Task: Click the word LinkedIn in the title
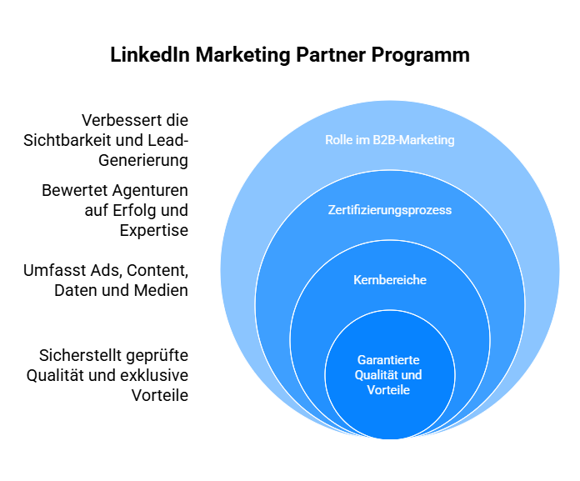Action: pyautogui.click(x=150, y=55)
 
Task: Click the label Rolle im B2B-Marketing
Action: pyautogui.click(x=389, y=140)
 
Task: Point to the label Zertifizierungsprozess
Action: pyautogui.click(x=389, y=210)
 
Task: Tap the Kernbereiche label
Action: pyautogui.click(x=390, y=280)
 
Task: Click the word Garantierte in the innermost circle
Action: pyautogui.click(x=388, y=359)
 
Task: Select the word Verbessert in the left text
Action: pyautogui.click(x=118, y=120)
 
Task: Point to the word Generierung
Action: pyautogui.click(x=143, y=161)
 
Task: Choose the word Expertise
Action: pyautogui.click(x=154, y=231)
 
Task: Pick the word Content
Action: pyautogui.click(x=157, y=270)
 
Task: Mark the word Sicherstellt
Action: pyautogui.click(x=80, y=356)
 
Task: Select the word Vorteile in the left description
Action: pyautogui.click(x=160, y=395)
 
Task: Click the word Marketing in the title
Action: pyautogui.click(x=243, y=56)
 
